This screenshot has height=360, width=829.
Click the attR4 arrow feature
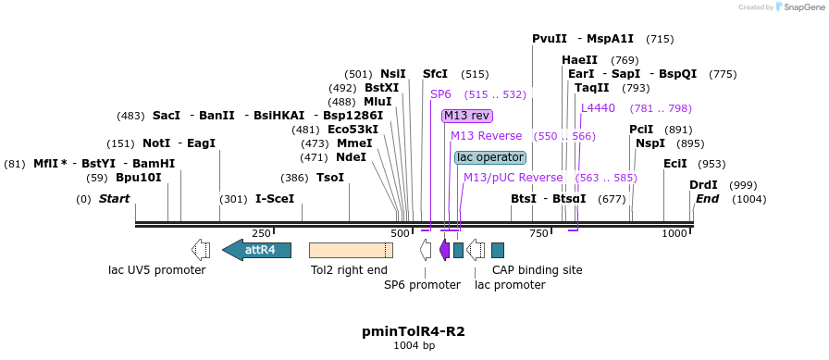coord(257,249)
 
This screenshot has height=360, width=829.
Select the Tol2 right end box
coord(350,249)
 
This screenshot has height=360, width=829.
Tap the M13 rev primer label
coord(466,116)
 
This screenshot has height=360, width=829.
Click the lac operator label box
coord(490,157)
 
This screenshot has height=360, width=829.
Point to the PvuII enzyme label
coord(550,39)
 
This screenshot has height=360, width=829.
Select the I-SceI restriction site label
coord(275,199)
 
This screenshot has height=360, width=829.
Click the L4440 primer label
coord(598,108)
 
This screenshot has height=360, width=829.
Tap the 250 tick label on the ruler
coord(261,234)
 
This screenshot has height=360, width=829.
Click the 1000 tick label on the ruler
coord(674,234)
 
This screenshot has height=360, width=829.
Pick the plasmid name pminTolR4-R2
coord(414,330)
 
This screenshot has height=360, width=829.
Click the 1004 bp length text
coord(414,345)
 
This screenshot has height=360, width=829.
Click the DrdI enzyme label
coord(703,185)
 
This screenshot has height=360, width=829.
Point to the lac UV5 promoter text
coord(157,270)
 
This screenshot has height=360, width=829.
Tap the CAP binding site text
coord(538,270)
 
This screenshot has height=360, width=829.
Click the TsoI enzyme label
coord(330,178)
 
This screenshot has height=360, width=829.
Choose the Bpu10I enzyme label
coord(139,178)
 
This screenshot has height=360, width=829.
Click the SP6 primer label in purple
coord(440,94)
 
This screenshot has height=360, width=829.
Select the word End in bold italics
coord(707,199)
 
